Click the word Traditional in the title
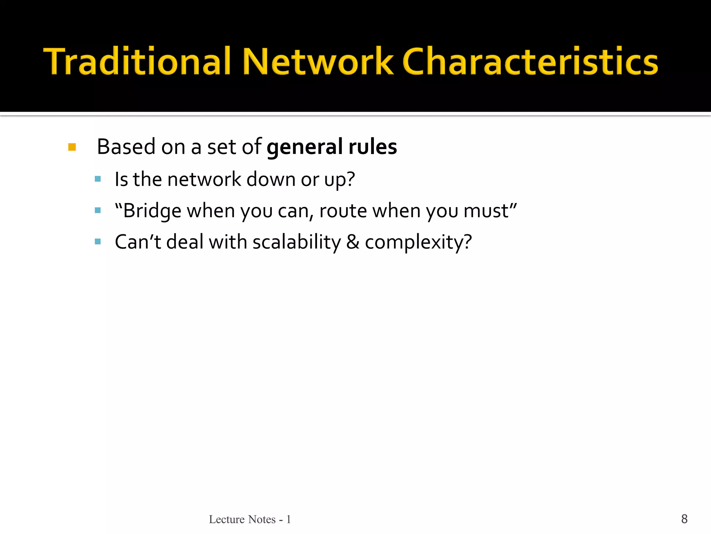[137, 62]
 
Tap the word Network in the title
[318, 62]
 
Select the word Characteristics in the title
[530, 62]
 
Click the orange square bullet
[72, 147]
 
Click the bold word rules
[373, 146]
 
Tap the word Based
[126, 146]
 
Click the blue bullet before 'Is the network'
[98, 179]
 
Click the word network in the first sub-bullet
[204, 179]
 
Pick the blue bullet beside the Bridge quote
[98, 210]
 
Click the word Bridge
[152, 211]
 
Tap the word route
[343, 211]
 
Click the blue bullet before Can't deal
[98, 242]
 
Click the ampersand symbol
[353, 242]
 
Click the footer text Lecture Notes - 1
[250, 519]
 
